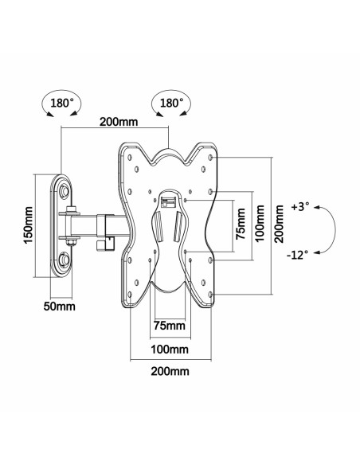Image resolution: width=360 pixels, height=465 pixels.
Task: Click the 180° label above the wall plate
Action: point(61,104)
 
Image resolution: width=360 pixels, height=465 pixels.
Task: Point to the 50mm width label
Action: point(60,304)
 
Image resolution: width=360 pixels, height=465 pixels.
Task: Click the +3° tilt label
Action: point(300,206)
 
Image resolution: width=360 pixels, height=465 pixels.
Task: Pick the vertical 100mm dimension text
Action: point(260,225)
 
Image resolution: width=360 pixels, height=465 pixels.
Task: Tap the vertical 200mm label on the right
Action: point(280,225)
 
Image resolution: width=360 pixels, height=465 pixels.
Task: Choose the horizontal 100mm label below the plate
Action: point(168,349)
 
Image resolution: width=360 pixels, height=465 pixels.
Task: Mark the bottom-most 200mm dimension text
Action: point(168,371)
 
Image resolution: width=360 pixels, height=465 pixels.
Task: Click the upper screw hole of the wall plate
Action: point(65,189)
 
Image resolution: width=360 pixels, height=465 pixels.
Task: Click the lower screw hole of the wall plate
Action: point(65,259)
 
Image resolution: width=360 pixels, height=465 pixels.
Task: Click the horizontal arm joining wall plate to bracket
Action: point(100,225)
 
